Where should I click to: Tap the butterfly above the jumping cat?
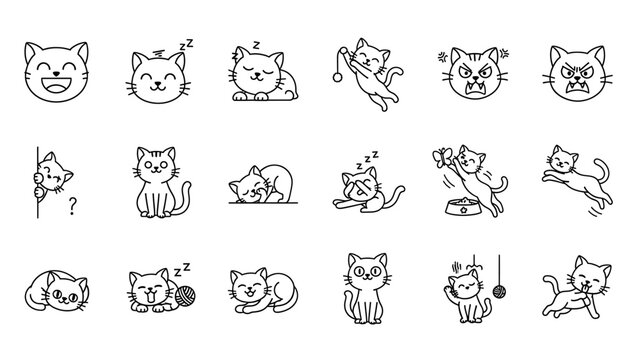point(441,155)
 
